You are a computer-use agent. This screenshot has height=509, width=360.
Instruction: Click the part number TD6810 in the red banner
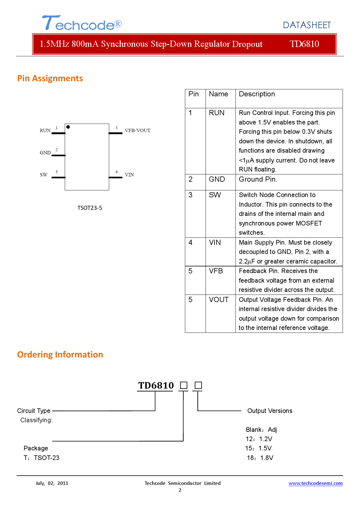(304, 44)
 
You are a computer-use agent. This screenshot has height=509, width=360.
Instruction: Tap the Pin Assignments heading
(50, 78)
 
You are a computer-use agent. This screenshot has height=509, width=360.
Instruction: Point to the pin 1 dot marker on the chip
(68, 127)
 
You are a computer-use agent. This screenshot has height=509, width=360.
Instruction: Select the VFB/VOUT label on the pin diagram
(138, 131)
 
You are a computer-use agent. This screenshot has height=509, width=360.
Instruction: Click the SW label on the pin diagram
(44, 175)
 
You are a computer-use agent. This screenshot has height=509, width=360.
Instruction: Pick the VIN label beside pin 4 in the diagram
(129, 175)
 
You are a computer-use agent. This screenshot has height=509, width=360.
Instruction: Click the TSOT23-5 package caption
(90, 208)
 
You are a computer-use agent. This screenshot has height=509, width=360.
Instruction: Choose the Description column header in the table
(257, 94)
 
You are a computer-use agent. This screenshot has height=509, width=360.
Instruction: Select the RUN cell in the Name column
(217, 113)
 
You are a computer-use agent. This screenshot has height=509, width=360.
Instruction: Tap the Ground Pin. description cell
(258, 179)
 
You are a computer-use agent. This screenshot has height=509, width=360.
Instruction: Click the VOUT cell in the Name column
(219, 300)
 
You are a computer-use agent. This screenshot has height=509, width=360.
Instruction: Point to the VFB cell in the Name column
(216, 271)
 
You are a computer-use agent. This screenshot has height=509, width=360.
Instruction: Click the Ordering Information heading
(60, 355)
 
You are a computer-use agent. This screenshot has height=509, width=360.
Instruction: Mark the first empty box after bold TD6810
(184, 385)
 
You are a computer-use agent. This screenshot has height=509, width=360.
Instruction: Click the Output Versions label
(270, 411)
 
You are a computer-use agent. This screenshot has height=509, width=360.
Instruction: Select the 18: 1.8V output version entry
(260, 458)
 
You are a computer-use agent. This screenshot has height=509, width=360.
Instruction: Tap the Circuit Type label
(34, 411)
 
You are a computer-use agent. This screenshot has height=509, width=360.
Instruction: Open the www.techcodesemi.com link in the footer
(316, 483)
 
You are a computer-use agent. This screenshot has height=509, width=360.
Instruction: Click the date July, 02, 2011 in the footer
(52, 483)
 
